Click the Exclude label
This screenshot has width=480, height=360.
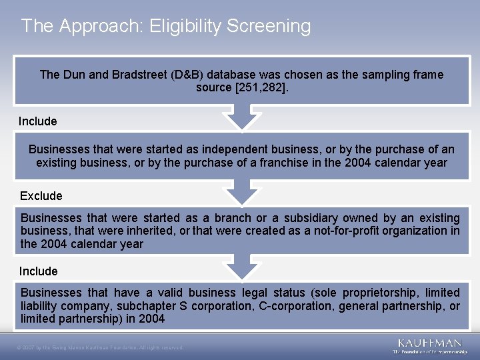pyautogui.click(x=41, y=196)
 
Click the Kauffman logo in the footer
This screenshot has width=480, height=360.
pyautogui.click(x=429, y=345)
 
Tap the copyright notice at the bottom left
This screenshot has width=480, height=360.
pyautogui.click(x=100, y=347)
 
